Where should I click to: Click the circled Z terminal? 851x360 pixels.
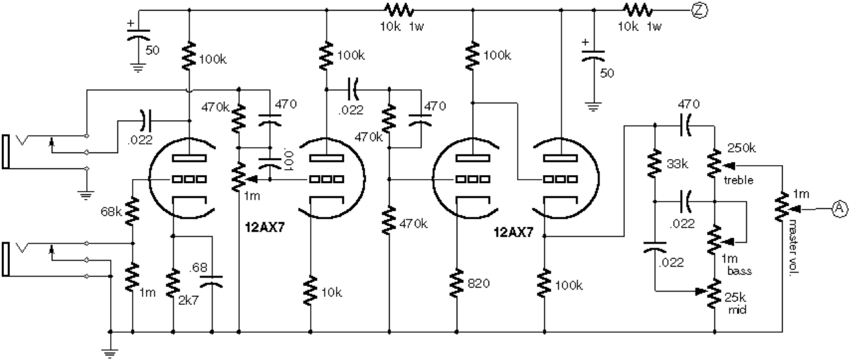(x=699, y=10)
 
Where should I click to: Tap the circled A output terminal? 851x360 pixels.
(x=839, y=208)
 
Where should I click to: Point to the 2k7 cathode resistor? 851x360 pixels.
(x=173, y=282)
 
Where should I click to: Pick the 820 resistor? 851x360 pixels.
(x=456, y=283)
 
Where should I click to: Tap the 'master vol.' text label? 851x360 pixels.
(x=791, y=252)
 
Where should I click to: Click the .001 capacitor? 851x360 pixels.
(x=270, y=160)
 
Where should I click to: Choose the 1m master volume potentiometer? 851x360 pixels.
(x=783, y=208)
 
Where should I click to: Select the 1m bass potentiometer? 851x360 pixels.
(x=715, y=239)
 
